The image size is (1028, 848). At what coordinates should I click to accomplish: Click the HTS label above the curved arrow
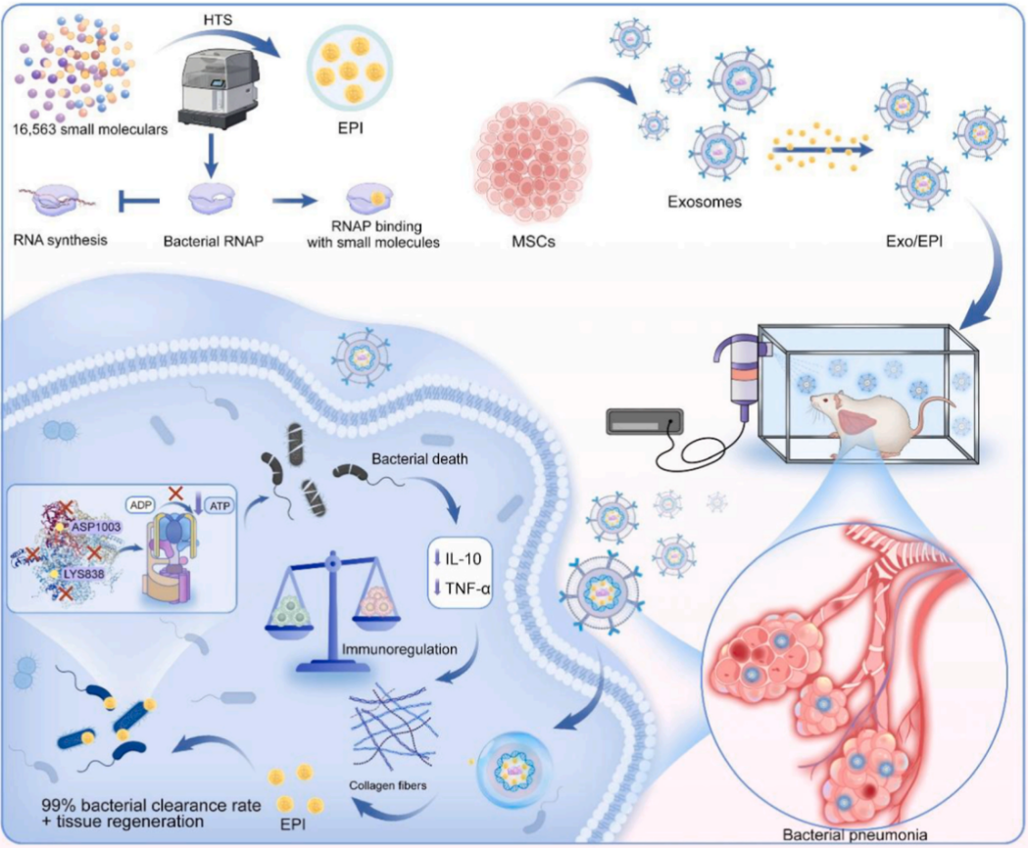(x=218, y=21)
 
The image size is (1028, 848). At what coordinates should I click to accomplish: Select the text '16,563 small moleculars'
(x=90, y=129)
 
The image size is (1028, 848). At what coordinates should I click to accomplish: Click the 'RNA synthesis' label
(x=61, y=240)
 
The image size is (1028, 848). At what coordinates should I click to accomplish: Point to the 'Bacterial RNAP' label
(x=213, y=241)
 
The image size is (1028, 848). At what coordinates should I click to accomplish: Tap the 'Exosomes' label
(x=705, y=202)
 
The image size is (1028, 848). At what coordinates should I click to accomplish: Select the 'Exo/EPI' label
(x=914, y=241)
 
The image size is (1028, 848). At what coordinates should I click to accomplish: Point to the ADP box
(x=141, y=505)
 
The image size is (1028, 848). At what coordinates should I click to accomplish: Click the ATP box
(x=220, y=505)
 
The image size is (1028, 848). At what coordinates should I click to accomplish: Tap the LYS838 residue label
(x=84, y=574)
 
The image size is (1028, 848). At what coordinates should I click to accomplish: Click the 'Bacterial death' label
(x=419, y=458)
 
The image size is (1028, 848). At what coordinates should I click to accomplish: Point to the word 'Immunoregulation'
(x=399, y=649)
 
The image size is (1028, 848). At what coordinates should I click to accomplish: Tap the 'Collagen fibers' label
(x=387, y=785)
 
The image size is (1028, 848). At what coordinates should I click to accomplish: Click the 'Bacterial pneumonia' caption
(x=855, y=835)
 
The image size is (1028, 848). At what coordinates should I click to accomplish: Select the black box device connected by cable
(x=645, y=421)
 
